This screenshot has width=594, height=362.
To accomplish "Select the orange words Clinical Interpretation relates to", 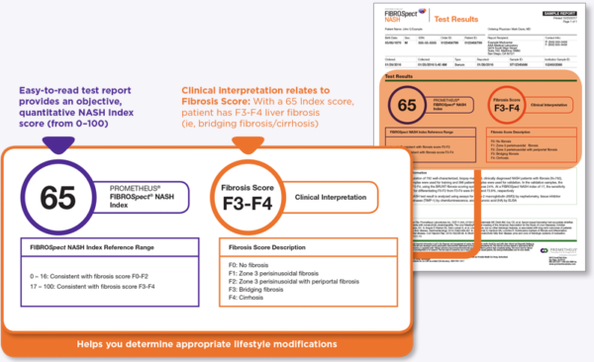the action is coord(247,91).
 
